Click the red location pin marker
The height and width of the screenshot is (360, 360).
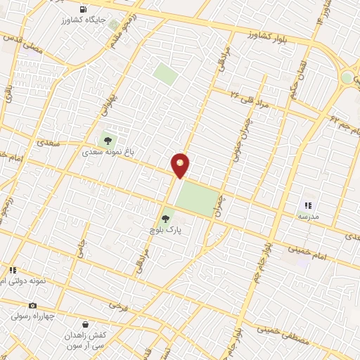181,165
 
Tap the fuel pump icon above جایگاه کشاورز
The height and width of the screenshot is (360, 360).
85,10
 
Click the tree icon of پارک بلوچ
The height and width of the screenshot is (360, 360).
166,218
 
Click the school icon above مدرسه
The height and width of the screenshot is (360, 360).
308,205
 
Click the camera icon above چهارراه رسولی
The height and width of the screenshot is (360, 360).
32,305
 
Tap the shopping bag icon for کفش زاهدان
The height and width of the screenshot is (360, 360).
86,325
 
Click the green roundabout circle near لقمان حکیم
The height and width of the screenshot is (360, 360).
347,77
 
